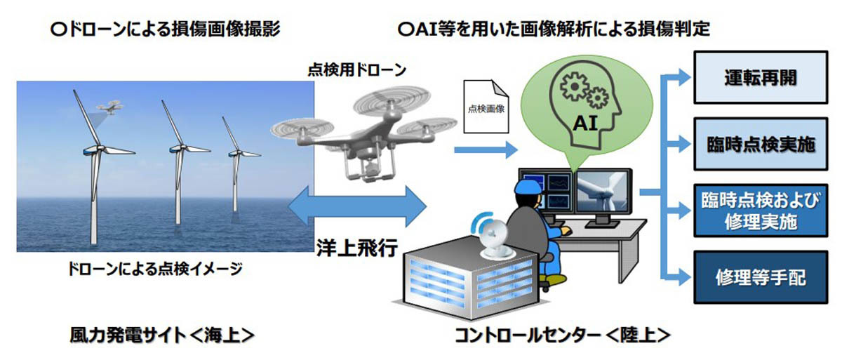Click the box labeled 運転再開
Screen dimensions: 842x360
point(761,77)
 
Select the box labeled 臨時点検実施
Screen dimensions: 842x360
point(761,145)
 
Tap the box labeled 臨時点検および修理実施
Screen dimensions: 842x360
point(761,211)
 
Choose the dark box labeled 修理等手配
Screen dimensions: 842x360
point(761,277)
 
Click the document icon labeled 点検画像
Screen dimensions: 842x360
point(486,107)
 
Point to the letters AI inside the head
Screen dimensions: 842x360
point(585,124)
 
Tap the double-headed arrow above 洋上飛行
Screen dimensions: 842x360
point(357,206)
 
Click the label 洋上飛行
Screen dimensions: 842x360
point(357,248)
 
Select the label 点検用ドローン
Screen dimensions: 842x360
point(357,70)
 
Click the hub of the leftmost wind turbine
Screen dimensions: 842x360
point(98,149)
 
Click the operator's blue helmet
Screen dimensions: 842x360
point(529,187)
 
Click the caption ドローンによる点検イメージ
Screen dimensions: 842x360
point(155,269)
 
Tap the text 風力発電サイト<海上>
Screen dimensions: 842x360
point(162,335)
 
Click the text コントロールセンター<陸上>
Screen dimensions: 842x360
point(563,335)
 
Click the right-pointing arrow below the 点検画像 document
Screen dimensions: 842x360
point(486,150)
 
